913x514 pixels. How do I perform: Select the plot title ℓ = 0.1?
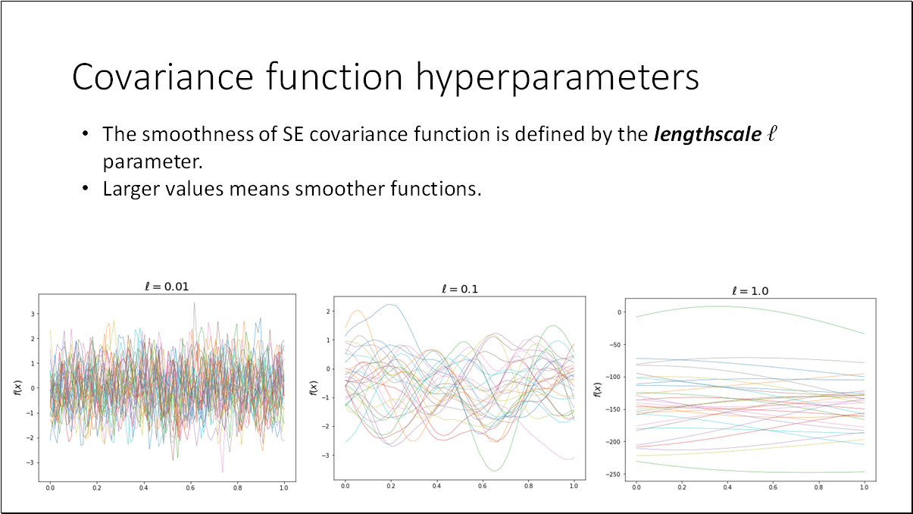[x=460, y=289]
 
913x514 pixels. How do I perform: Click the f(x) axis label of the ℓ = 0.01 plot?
[x=17, y=387]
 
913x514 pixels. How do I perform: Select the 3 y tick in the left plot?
[x=33, y=313]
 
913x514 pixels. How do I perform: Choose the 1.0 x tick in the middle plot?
[x=573, y=486]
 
